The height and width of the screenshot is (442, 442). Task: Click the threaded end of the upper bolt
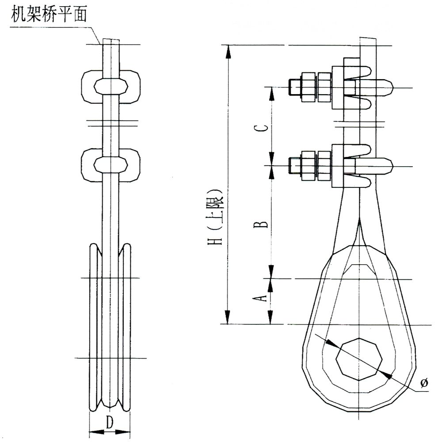293,87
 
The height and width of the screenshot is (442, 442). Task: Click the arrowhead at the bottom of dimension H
228,317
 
